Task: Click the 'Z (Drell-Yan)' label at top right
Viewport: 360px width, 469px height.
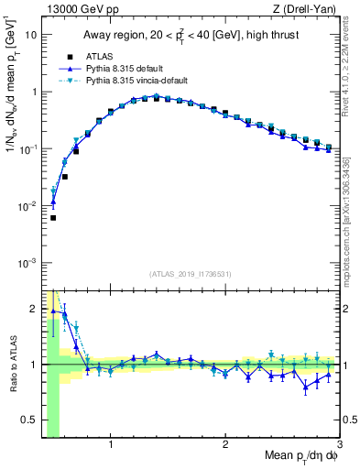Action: coord(307,8)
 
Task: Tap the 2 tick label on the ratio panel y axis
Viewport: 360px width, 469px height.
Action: coord(35,308)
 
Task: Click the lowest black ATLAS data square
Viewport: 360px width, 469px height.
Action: coord(53,218)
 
